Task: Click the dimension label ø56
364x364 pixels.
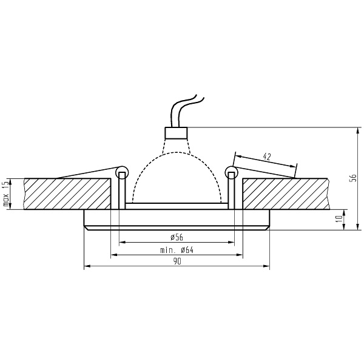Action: point(177,237)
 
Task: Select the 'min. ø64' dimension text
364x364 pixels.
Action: point(177,249)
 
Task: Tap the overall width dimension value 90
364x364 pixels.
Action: point(177,261)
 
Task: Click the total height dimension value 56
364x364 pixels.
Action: point(352,178)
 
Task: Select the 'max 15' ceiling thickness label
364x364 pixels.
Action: point(7,194)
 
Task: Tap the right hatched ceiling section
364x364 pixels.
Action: point(285,194)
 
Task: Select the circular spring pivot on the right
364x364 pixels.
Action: point(231,172)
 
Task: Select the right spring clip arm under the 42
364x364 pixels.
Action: point(267,172)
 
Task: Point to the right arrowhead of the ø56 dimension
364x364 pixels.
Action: point(232,241)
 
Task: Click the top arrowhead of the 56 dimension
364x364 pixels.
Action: point(345,129)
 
